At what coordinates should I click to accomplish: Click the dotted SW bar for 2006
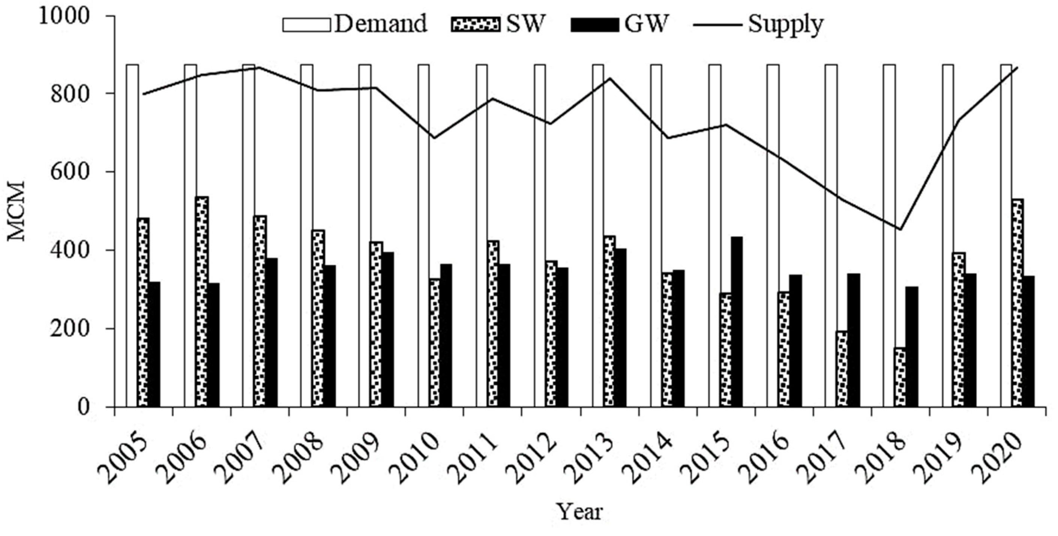pyautogui.click(x=202, y=302)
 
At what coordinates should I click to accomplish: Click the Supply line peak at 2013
pyautogui.click(x=610, y=78)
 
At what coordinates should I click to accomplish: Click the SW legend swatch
pyautogui.click(x=476, y=25)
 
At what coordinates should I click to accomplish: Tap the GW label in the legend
pyautogui.click(x=644, y=24)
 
